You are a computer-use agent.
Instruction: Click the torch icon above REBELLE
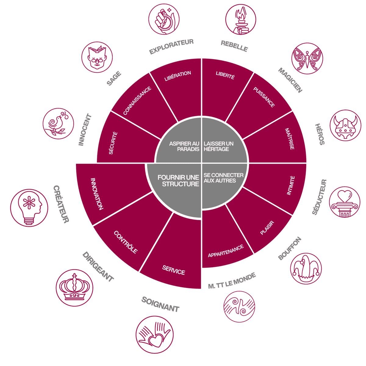pos(241,20)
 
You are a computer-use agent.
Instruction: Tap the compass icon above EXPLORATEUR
pos(164,19)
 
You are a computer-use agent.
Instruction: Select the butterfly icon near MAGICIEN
pos(307,58)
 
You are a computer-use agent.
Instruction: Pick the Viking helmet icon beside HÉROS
pos(346,125)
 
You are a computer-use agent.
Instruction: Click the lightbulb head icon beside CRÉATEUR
pos(29,208)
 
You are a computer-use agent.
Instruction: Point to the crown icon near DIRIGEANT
pos(74,288)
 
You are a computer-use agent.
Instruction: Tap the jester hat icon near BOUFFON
pos(306,268)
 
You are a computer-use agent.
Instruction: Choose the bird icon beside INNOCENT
pos(58,124)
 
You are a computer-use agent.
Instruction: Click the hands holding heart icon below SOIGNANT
pos(155,335)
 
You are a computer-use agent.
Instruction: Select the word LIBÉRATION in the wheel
pos(178,76)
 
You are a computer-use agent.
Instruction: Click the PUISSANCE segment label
pos(264,97)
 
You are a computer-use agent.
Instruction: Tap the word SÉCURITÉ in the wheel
pos(113,143)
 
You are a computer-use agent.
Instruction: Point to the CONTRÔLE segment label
pos(126,242)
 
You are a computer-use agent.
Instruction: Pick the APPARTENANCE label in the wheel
pos(226,251)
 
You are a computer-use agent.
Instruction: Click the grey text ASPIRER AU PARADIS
pos(184,146)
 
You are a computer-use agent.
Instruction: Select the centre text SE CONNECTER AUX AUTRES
pos(224,178)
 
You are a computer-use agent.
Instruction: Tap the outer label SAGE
pos(114,78)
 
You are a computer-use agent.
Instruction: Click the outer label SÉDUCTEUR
pos(319,197)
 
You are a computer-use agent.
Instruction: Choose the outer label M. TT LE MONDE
pos(232,281)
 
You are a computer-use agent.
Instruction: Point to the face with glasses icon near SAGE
pos(97,57)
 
